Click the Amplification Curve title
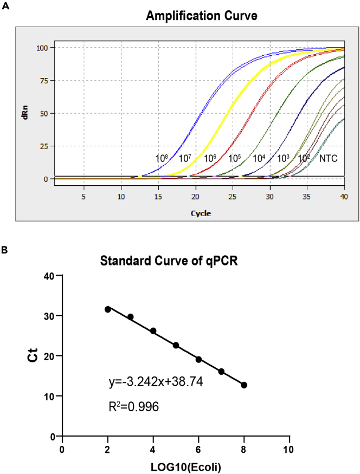pyautogui.click(x=201, y=16)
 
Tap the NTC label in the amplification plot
pyautogui.click(x=329, y=158)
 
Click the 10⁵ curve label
pyautogui.click(x=234, y=158)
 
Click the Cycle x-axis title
pyautogui.click(x=201, y=213)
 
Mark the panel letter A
pyautogui.click(x=5, y=5)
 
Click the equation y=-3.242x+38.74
pyautogui.click(x=156, y=382)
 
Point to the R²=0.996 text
pyautogui.click(x=134, y=406)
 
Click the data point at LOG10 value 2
pyautogui.click(x=108, y=309)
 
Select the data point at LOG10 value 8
pyautogui.click(x=244, y=385)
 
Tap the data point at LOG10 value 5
pyautogui.click(x=176, y=345)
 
